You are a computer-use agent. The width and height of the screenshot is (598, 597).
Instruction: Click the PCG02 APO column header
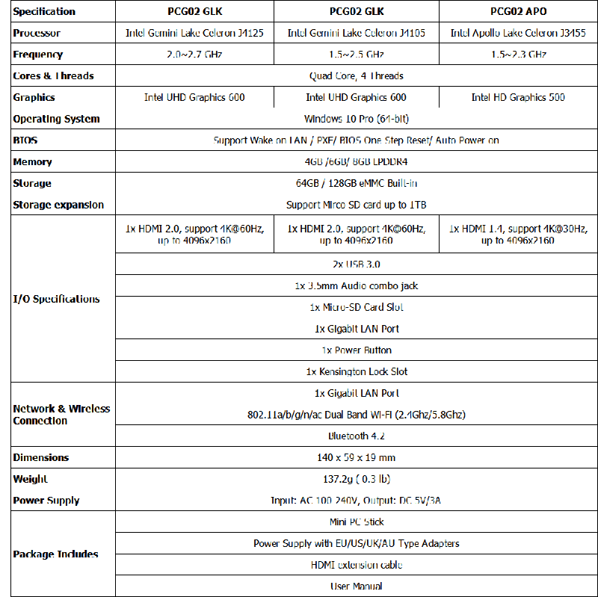pos(518,11)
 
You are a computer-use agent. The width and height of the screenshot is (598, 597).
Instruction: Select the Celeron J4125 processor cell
pos(194,33)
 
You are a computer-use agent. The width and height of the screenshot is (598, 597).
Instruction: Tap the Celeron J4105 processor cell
pos(356,33)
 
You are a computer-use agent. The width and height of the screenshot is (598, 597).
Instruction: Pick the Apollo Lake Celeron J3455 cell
pos(518,33)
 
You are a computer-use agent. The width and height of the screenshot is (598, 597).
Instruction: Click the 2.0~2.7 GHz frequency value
pos(194,55)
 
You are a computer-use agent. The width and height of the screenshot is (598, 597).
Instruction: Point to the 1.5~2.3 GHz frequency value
pos(518,55)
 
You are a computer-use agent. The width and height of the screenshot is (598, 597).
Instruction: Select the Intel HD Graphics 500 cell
pos(518,97)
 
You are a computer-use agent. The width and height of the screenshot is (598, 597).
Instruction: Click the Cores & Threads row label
pos(54,75)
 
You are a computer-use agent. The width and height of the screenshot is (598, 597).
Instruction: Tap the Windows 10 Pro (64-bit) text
pos(356,119)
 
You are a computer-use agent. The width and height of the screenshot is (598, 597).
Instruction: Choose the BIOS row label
pos(25,140)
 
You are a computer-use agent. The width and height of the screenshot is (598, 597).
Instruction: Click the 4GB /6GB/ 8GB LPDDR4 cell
pos(356,161)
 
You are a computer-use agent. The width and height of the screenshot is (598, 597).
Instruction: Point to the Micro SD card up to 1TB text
pos(356,205)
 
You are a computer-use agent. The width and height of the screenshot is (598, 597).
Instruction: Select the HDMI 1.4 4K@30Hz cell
pos(518,235)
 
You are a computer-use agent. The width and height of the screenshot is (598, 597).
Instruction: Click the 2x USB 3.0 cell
pos(356,265)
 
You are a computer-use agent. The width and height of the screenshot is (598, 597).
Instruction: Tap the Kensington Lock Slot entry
pos(356,371)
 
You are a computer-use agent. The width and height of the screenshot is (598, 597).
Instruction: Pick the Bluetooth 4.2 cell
pos(356,436)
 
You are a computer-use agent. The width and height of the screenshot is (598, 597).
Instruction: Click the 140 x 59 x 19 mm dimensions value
pos(356,457)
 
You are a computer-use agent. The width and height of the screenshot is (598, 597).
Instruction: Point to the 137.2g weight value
pos(356,479)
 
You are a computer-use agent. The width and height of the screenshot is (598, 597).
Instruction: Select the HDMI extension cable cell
pos(356,565)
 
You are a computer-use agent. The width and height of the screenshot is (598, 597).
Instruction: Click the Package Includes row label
pos(55,554)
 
